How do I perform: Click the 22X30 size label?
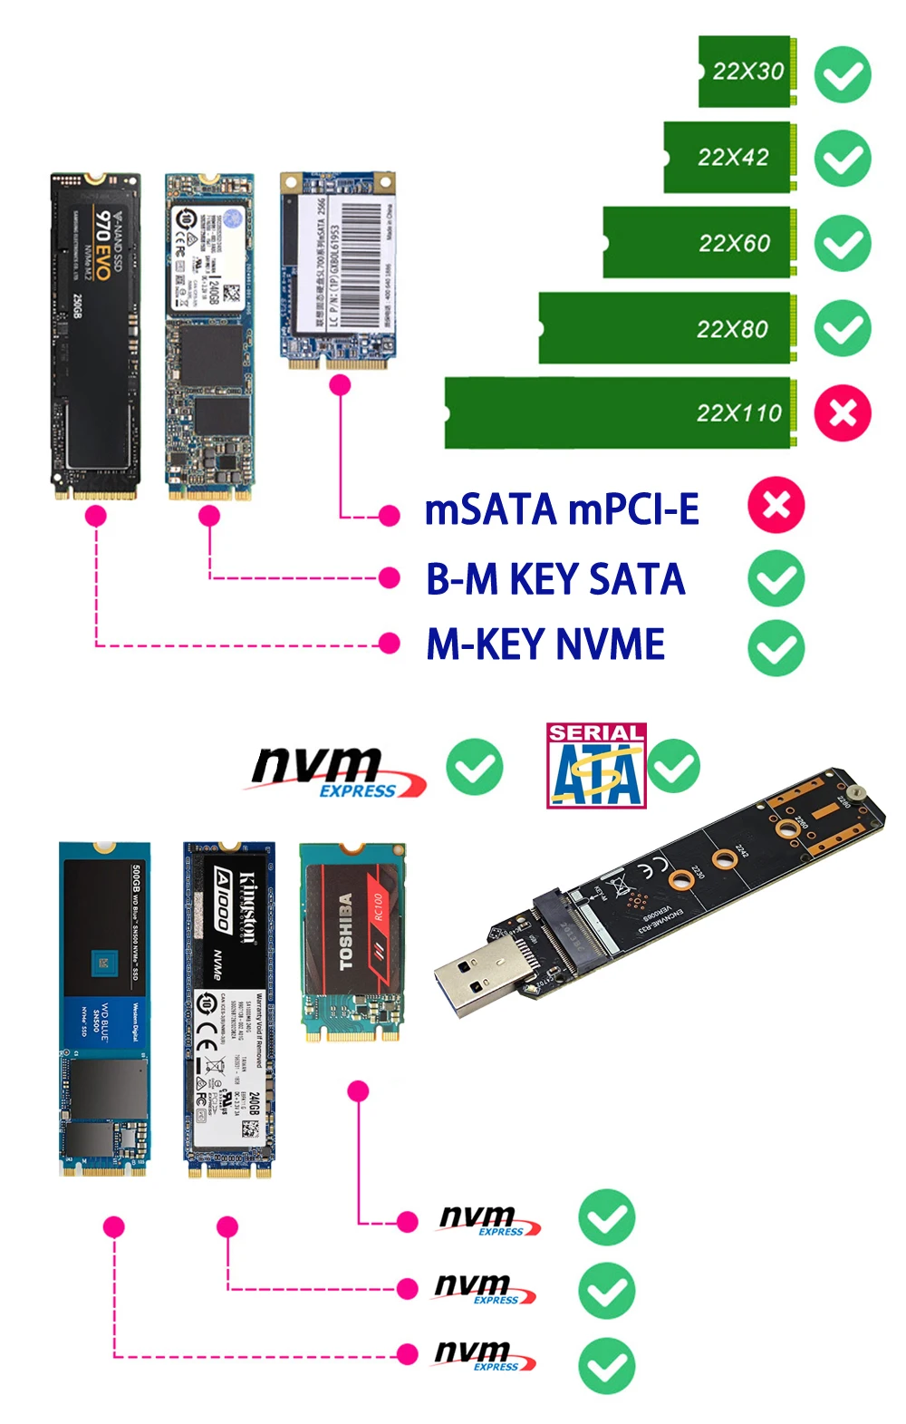pos(747,72)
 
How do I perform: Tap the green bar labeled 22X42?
pos(730,157)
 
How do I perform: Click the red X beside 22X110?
pos(843,413)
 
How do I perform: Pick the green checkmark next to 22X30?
pos(843,74)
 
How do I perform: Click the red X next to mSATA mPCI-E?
pos(776,505)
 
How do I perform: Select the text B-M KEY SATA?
pos(555,579)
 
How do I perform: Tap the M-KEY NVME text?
pos(545,644)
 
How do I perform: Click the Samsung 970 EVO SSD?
pos(95,335)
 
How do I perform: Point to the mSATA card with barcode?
pos(338,270)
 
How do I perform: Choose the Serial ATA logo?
pos(595,765)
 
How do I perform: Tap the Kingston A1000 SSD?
pos(228,1009)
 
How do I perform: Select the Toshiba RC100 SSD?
pos(352,943)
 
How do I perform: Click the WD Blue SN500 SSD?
pos(104,1009)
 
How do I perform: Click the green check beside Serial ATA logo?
pos(673,767)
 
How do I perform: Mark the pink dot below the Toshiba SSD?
pos(359,1090)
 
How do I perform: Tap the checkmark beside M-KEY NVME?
pos(776,647)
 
